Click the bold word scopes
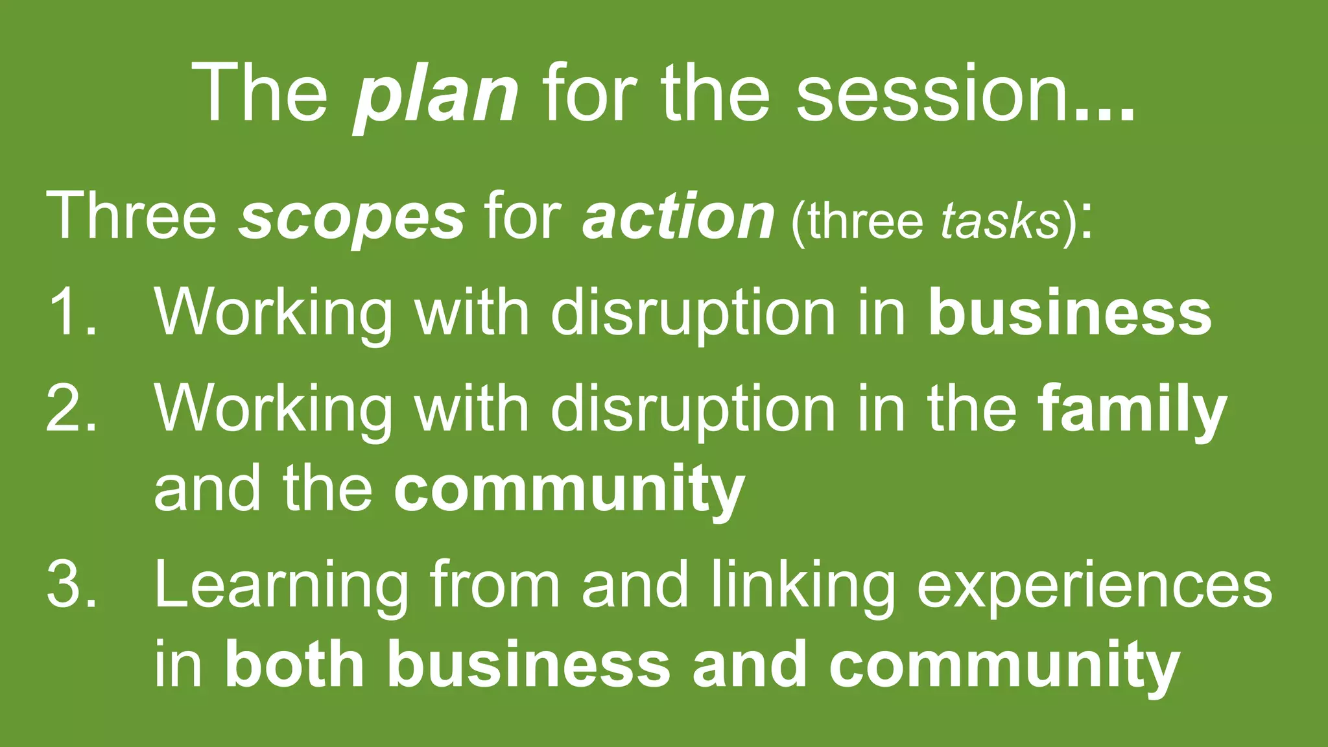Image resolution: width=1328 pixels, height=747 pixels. point(352,218)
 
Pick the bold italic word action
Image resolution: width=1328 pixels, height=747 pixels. point(678,217)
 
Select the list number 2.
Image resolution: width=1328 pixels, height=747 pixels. point(71,409)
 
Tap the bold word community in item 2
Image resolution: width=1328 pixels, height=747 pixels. point(569,490)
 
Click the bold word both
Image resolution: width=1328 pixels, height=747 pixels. point(294,665)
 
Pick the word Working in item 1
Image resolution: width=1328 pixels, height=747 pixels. point(273,314)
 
